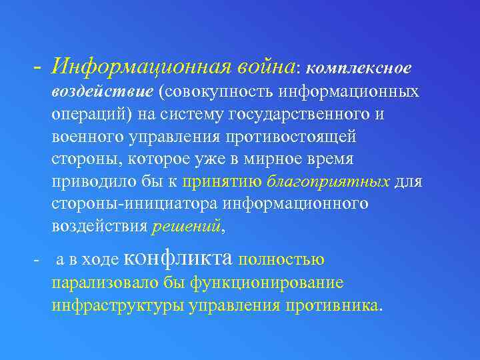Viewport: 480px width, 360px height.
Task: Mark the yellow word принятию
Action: (x=223, y=181)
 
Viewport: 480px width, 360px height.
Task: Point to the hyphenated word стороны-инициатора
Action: (x=134, y=203)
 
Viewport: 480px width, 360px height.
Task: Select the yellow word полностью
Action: (x=281, y=259)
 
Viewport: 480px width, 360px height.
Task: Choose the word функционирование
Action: (x=267, y=282)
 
